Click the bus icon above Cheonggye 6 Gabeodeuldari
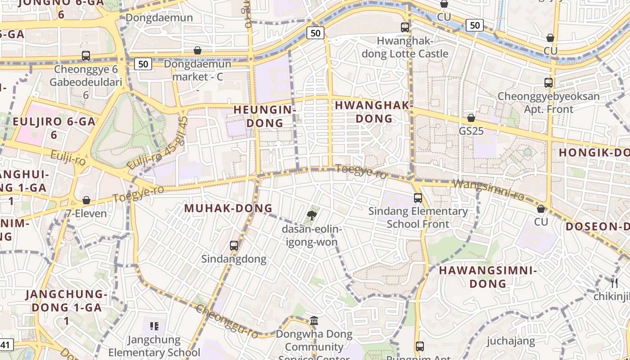click(86, 56)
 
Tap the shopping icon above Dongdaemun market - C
click(197, 50)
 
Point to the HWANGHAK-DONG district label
click(374, 112)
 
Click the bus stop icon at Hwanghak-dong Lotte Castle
click(405, 27)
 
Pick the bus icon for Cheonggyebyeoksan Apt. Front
click(549, 83)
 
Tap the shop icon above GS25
click(471, 118)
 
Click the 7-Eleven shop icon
click(86, 200)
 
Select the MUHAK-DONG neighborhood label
click(229, 208)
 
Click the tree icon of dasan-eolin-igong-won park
click(311, 216)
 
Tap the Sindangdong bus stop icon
click(234, 246)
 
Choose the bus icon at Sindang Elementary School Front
click(418, 198)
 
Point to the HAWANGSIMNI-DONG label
click(488, 277)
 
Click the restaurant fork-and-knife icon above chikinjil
click(615, 283)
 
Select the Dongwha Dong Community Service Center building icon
click(314, 321)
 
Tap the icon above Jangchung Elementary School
click(154, 326)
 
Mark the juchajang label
click(511, 341)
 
